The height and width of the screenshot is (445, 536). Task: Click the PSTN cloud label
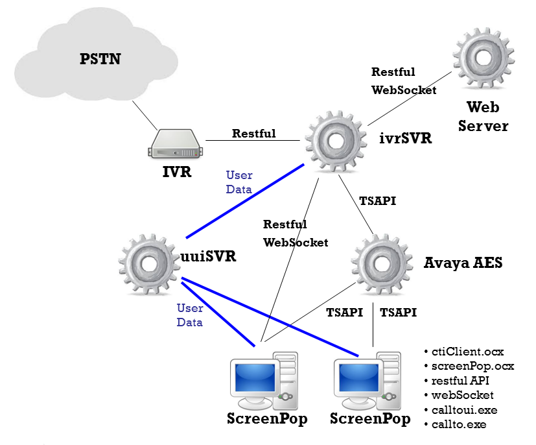[x=100, y=60]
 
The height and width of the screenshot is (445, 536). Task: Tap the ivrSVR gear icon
[x=336, y=141]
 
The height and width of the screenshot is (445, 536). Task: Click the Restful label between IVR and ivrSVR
[x=254, y=134]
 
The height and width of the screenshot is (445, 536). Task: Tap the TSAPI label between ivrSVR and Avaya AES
[x=377, y=201]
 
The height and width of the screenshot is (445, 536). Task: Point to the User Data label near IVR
[x=239, y=182]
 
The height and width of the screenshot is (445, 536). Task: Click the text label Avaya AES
[x=463, y=263]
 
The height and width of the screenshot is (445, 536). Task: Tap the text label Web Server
[x=483, y=115]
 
